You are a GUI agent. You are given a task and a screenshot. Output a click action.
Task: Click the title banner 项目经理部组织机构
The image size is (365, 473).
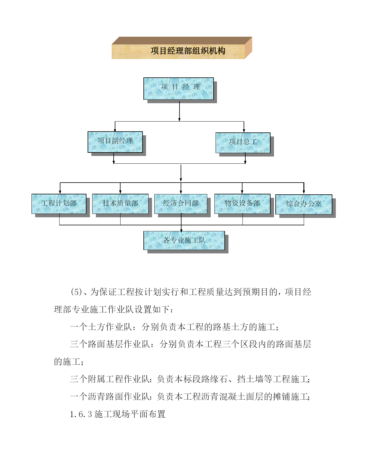(x=182, y=48)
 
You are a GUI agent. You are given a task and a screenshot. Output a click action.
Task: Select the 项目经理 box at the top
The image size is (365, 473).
(x=178, y=89)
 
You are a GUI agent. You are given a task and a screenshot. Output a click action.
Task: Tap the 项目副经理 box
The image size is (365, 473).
(x=115, y=142)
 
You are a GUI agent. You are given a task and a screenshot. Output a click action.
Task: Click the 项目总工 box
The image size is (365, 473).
(x=243, y=143)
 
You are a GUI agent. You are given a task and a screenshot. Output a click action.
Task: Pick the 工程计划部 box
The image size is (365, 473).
(x=59, y=204)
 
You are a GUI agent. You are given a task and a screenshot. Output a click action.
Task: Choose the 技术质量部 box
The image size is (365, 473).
(x=121, y=204)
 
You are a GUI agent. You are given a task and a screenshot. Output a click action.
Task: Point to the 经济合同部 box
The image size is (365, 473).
(x=181, y=204)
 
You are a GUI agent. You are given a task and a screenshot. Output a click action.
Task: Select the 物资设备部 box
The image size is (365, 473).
(x=242, y=204)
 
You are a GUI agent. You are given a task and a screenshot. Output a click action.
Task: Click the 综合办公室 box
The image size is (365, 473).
(x=304, y=204)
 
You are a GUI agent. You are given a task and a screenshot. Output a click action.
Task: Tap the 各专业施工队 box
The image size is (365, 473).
(x=184, y=241)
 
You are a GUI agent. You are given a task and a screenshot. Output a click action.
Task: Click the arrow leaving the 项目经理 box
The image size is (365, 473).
(x=179, y=111)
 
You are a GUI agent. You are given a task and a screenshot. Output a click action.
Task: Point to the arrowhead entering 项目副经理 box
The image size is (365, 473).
(x=115, y=130)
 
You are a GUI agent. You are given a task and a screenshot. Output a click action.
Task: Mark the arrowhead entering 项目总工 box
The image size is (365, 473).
(x=244, y=131)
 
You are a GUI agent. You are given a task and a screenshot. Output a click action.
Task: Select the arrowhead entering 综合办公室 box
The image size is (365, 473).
(x=304, y=192)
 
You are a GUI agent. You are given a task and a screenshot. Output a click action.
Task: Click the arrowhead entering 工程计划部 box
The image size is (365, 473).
(x=60, y=192)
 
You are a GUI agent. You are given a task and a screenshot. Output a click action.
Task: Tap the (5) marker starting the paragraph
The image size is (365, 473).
(x=76, y=292)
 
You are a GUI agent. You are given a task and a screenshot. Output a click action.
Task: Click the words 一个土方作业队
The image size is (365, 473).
(x=101, y=327)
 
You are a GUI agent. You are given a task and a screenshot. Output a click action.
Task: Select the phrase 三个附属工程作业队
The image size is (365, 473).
(x=110, y=379)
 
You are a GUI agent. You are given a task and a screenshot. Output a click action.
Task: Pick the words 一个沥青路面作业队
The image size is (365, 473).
(x=110, y=396)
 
